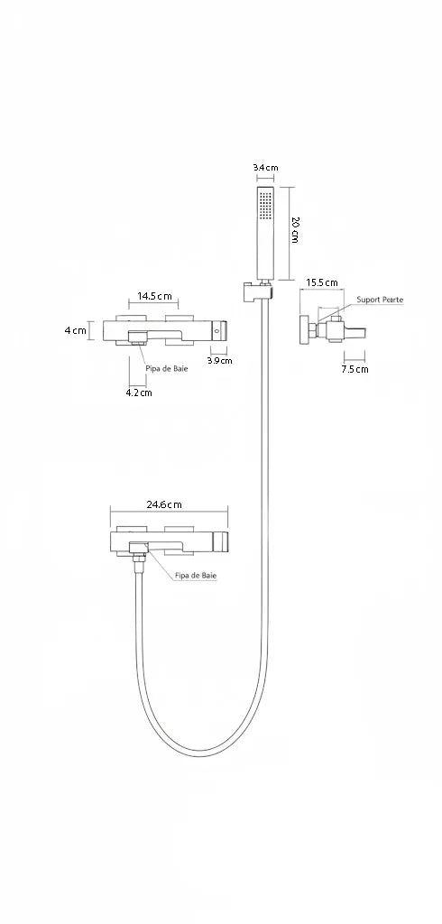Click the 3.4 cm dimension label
pos(265,167)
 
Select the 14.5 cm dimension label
pos(154,296)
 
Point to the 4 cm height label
pos(76,330)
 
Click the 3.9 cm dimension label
pos(219,361)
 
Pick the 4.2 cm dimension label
pos(139,393)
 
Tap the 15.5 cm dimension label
pos(321,282)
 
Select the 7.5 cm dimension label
pos(355,369)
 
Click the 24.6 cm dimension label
pos(164,504)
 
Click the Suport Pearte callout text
pos(380,300)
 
